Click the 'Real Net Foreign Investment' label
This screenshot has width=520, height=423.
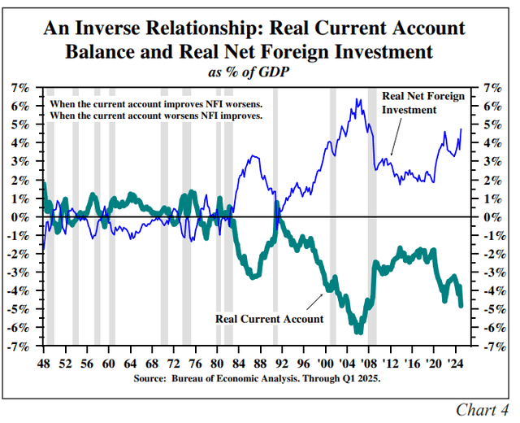[x=422, y=102]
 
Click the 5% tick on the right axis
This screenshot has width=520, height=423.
[x=492, y=124]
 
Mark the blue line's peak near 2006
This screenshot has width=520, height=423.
[x=357, y=100]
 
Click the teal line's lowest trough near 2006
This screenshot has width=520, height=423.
[x=358, y=330]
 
